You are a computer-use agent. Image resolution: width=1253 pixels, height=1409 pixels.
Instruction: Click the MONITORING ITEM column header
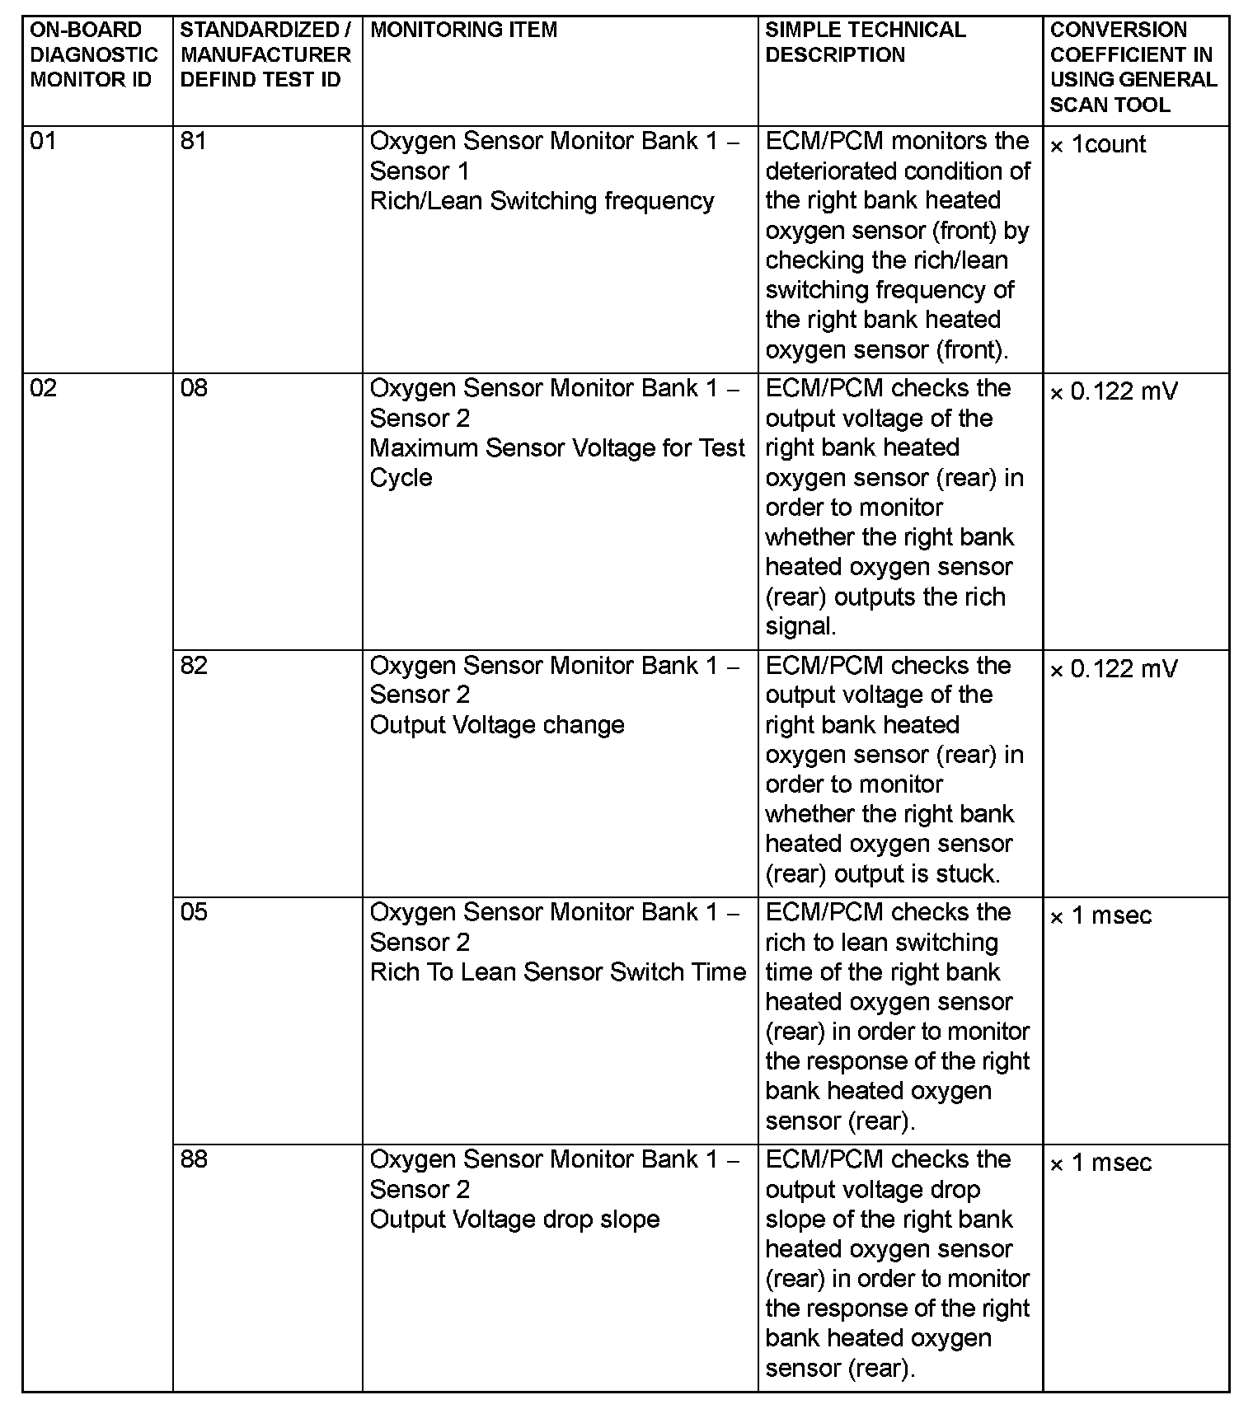tap(463, 30)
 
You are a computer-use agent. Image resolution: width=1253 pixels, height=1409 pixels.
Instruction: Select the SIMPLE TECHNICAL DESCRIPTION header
tap(865, 42)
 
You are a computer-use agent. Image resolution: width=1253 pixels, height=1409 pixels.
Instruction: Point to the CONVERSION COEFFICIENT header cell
tap(1133, 67)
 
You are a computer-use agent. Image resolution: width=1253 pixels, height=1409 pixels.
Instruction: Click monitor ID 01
tap(43, 142)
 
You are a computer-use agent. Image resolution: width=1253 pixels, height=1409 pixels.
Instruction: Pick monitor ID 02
tap(43, 388)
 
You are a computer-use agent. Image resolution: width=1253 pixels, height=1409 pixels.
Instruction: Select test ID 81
tap(193, 142)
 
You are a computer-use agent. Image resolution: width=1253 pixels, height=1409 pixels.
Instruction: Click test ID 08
tap(194, 388)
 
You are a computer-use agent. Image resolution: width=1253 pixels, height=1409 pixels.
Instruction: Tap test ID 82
tap(194, 665)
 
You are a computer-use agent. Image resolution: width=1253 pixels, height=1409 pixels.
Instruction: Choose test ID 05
tap(194, 912)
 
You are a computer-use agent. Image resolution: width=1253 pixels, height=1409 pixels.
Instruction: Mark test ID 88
tap(194, 1159)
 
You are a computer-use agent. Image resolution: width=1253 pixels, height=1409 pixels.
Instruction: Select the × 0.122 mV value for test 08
tap(1113, 391)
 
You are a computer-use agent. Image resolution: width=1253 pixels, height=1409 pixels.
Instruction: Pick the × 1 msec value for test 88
tap(1100, 1163)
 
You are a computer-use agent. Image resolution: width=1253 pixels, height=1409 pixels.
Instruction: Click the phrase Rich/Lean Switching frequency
tap(542, 201)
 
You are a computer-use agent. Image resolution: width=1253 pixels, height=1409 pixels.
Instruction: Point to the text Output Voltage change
tap(497, 725)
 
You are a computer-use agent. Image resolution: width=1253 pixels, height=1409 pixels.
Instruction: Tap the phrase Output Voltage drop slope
tap(514, 1219)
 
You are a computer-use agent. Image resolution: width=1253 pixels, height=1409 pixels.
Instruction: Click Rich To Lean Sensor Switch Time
tap(557, 972)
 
